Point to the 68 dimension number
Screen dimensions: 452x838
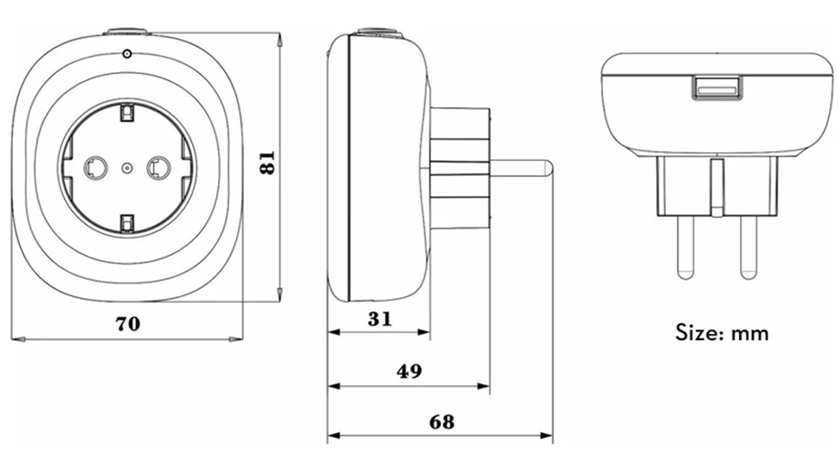441,421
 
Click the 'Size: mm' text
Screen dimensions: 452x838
723,333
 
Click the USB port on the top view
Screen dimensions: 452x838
716,87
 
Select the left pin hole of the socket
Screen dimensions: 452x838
94,167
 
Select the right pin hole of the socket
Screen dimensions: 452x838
159,167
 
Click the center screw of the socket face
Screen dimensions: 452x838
127,167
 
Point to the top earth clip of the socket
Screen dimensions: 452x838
127,113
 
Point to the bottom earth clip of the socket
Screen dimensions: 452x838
127,221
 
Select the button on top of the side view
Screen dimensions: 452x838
378,33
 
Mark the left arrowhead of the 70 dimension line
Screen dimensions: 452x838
20,339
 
